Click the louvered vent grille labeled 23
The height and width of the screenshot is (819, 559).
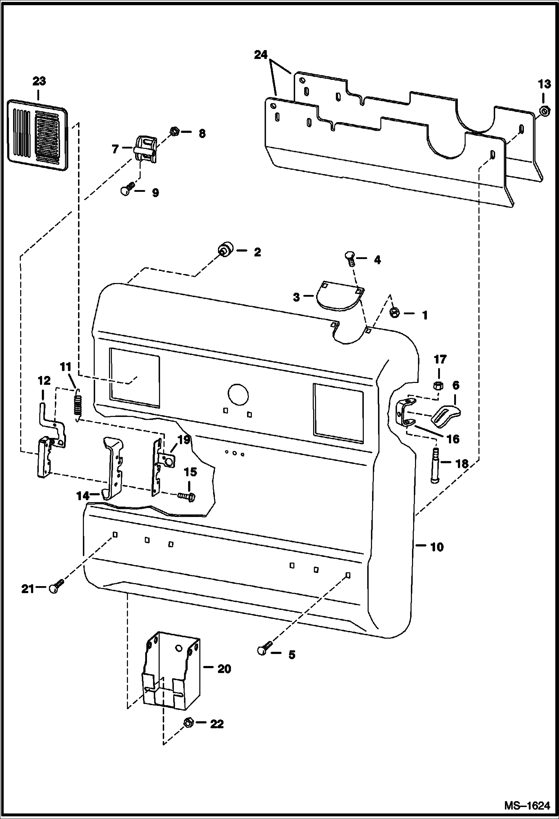(x=38, y=135)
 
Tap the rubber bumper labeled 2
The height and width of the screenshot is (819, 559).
(x=225, y=249)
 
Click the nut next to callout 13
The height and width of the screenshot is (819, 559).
(x=544, y=111)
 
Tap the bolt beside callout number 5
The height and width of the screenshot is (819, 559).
(x=265, y=649)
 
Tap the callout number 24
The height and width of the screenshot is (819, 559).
(x=261, y=55)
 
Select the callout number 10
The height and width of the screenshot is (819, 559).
(x=437, y=547)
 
